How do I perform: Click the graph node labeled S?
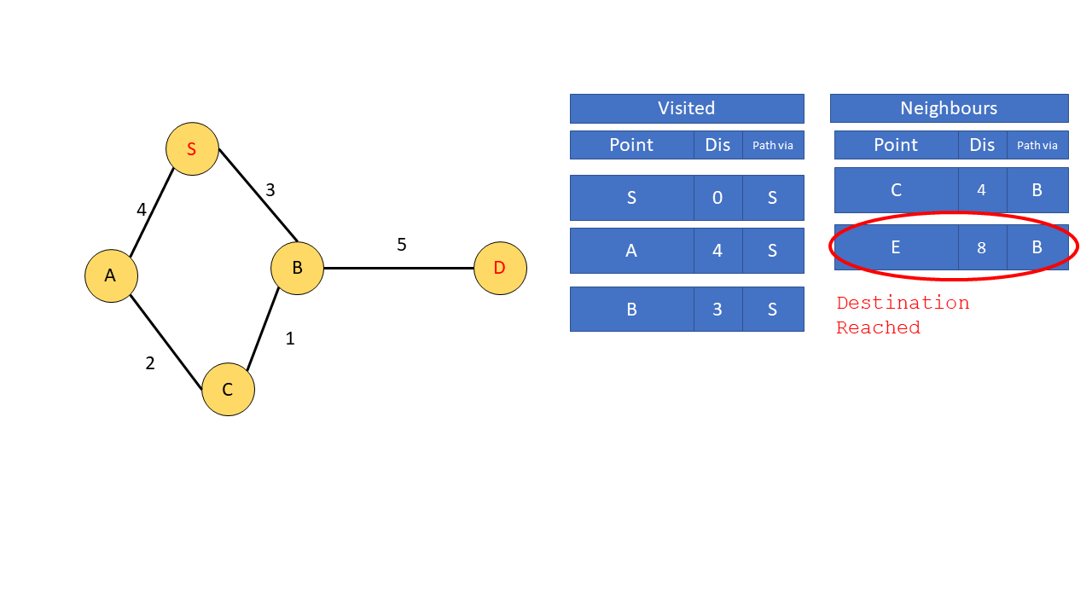point(192,148)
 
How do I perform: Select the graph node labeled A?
point(111,275)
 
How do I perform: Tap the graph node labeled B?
point(297,268)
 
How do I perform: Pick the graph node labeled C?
point(228,390)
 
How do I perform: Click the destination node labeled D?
point(500,268)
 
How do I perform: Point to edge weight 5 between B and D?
point(402,245)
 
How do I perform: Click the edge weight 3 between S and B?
point(270,190)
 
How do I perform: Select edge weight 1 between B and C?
point(290,339)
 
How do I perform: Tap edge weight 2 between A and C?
point(150,363)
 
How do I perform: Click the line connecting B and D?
point(398,268)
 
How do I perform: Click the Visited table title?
point(687,108)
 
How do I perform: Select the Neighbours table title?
point(949,108)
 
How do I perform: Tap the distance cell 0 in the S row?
point(717,198)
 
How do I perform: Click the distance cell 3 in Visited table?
point(717,309)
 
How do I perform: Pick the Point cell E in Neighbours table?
point(896,247)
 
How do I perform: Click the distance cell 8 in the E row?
point(982,247)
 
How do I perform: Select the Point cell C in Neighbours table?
point(896,190)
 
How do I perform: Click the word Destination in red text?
point(903,303)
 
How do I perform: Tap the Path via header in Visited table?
point(773,145)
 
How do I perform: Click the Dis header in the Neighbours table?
point(983,145)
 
